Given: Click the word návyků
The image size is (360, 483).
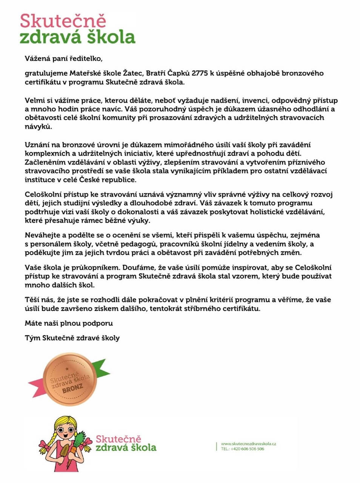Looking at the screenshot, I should click(x=37, y=127).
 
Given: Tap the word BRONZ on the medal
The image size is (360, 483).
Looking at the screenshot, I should click(x=73, y=389).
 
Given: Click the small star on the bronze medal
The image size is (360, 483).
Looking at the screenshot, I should click(x=67, y=368).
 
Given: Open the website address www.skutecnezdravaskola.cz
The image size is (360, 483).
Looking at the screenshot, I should click(x=248, y=444).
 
